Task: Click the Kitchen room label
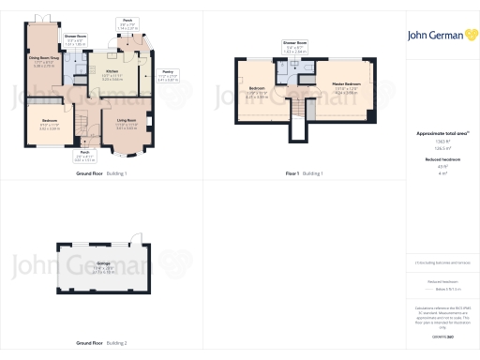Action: point(112,71)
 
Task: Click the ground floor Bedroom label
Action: point(49,122)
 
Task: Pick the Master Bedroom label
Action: point(345,86)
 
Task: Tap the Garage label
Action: point(104,265)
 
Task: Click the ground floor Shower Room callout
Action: point(76,37)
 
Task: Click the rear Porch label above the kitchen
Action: point(126,20)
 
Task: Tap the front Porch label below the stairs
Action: point(83,152)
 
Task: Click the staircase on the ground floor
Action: point(82,124)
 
